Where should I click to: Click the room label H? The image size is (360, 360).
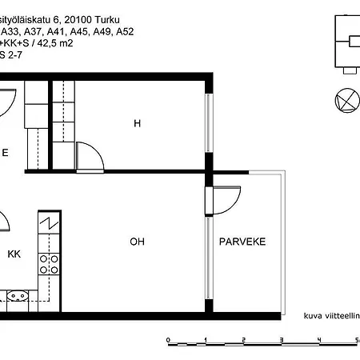click(137, 123)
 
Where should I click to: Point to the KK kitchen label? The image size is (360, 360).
click(14, 254)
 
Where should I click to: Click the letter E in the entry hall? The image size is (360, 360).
click(5, 151)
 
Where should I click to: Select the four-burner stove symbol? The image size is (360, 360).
click(50, 264)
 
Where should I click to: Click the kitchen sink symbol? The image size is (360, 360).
click(18, 296)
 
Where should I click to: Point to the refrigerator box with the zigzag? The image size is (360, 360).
click(50, 223)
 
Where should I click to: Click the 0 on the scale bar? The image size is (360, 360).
click(168, 340)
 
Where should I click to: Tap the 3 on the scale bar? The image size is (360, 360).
click(282, 340)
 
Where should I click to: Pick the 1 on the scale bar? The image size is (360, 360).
click(206, 340)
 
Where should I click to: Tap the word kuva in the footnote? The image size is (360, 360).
click(313, 316)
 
